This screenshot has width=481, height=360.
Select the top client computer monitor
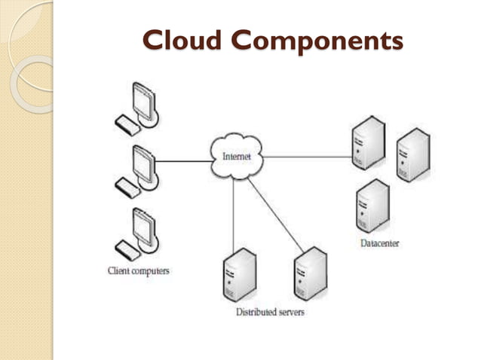144,98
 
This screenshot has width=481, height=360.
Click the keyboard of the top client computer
124,122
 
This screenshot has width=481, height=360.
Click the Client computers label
138,270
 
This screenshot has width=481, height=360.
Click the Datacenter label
379,243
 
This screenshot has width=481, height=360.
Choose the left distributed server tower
239,276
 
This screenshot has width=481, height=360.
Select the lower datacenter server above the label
372,206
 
